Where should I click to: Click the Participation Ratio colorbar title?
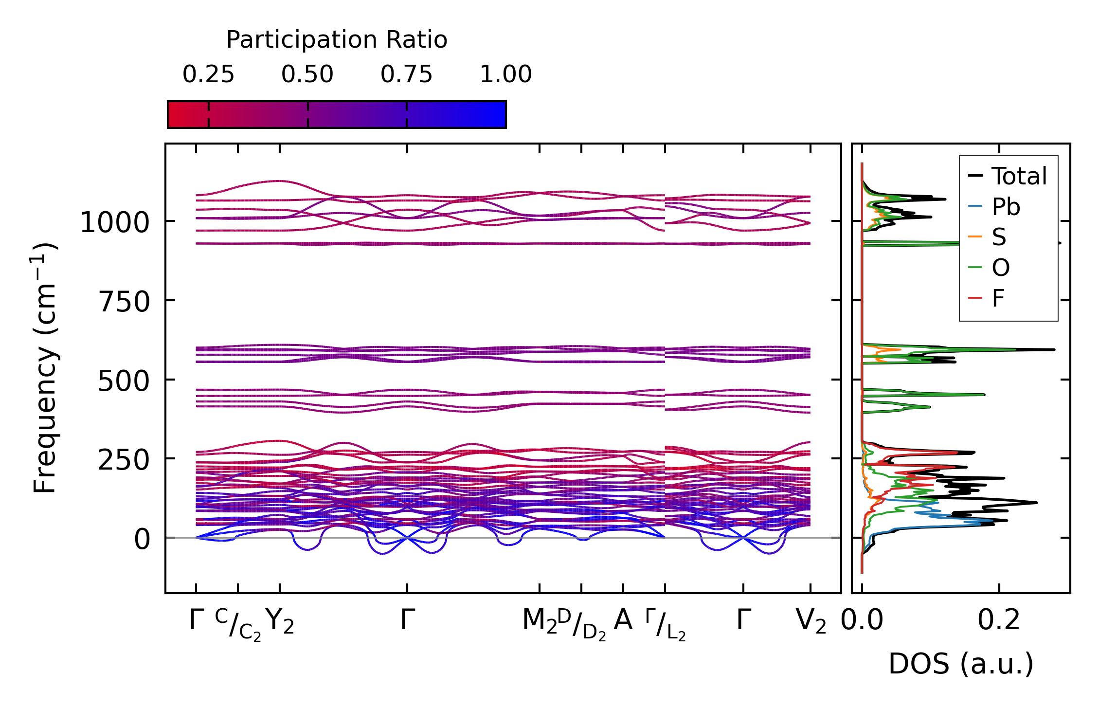pos(337,40)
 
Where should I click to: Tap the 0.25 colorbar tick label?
pos(208,74)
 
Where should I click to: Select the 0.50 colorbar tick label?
pos(307,74)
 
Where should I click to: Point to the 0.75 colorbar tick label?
pos(406,74)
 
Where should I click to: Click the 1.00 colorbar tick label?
pos(506,74)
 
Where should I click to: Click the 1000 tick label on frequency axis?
pos(114,223)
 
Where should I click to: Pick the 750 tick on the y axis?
pos(124,302)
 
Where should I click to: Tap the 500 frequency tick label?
pos(124,381)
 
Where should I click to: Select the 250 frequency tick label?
pos(124,460)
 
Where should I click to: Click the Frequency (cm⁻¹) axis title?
pos(45,368)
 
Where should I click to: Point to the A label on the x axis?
pos(623,620)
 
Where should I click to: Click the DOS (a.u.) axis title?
pos(961,664)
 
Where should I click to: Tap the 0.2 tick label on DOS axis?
pos(999,621)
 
